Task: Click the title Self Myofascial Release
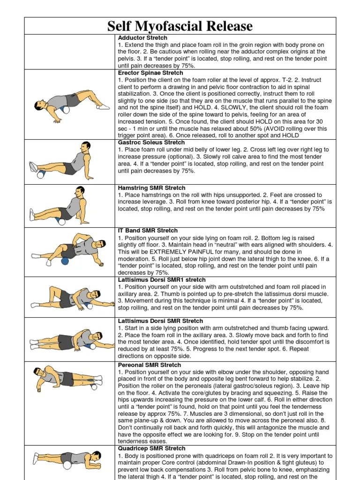(180, 26)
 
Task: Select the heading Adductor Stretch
(142, 37)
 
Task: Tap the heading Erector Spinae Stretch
(150, 73)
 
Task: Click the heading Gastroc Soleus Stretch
(151, 142)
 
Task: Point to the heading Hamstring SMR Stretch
(151, 187)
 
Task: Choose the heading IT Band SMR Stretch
(148, 231)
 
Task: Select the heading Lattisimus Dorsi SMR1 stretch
(162, 279)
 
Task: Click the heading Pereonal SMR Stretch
(149, 365)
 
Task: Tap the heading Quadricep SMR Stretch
(151, 449)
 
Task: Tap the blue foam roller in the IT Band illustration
(65, 261)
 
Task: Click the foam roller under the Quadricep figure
(67, 465)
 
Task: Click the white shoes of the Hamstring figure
(32, 215)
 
